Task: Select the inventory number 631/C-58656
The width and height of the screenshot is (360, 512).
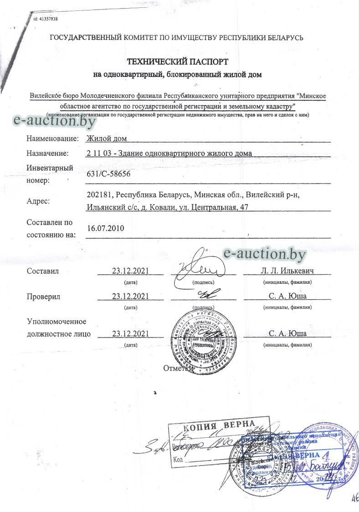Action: coord(111,174)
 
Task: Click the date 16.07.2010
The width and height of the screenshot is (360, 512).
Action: coord(105,228)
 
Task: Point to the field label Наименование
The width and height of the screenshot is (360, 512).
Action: coord(52,138)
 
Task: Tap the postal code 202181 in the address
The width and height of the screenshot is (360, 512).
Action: coord(99,195)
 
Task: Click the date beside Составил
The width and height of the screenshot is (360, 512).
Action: coord(131,271)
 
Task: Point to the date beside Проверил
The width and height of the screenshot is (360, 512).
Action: coord(131,297)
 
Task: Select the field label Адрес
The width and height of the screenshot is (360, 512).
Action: coord(39,201)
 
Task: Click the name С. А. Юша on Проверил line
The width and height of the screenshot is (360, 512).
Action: coord(287,297)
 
